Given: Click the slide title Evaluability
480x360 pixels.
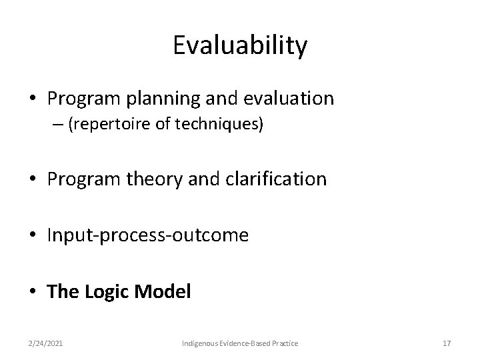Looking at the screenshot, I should pyautogui.click(x=240, y=46).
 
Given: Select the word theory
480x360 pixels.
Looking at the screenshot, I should pyautogui.click(x=151, y=179).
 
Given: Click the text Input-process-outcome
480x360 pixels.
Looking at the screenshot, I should pyautogui.click(x=148, y=235).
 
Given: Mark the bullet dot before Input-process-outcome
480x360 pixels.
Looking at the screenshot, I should pyautogui.click(x=34, y=235).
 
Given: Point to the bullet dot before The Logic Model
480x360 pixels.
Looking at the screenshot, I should pyautogui.click(x=34, y=291).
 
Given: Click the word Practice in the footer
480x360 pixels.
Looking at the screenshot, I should pyautogui.click(x=284, y=343).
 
